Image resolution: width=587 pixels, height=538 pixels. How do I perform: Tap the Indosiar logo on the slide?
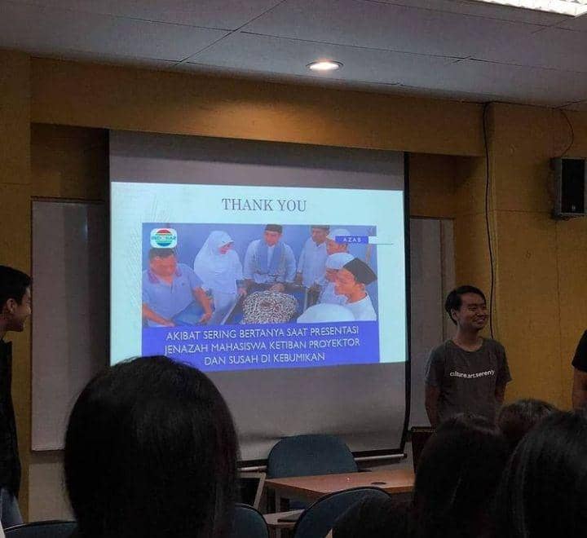tap(163, 238)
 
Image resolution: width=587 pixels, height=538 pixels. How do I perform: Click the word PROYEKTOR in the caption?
tap(338, 345)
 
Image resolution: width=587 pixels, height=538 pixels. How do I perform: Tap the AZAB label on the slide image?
tap(351, 240)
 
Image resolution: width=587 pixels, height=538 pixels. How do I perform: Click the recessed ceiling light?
tap(324, 65)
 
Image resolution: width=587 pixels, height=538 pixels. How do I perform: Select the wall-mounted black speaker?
tap(567, 187)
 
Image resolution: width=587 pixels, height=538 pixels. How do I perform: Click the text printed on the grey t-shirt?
tap(471, 373)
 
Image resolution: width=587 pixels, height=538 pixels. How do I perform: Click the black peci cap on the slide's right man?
tap(360, 270)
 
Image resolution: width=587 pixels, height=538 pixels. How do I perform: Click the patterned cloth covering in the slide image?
tap(269, 307)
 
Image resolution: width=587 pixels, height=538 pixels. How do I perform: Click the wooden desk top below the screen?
tap(342, 483)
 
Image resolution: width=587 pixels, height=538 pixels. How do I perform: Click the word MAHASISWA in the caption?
tap(253, 345)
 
